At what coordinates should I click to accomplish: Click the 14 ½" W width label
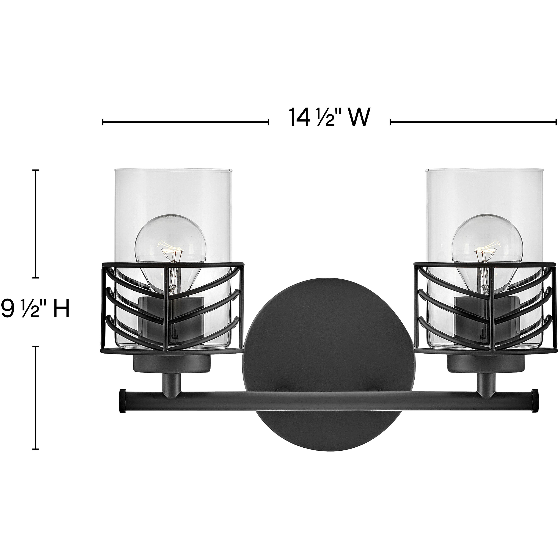pos(330,117)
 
